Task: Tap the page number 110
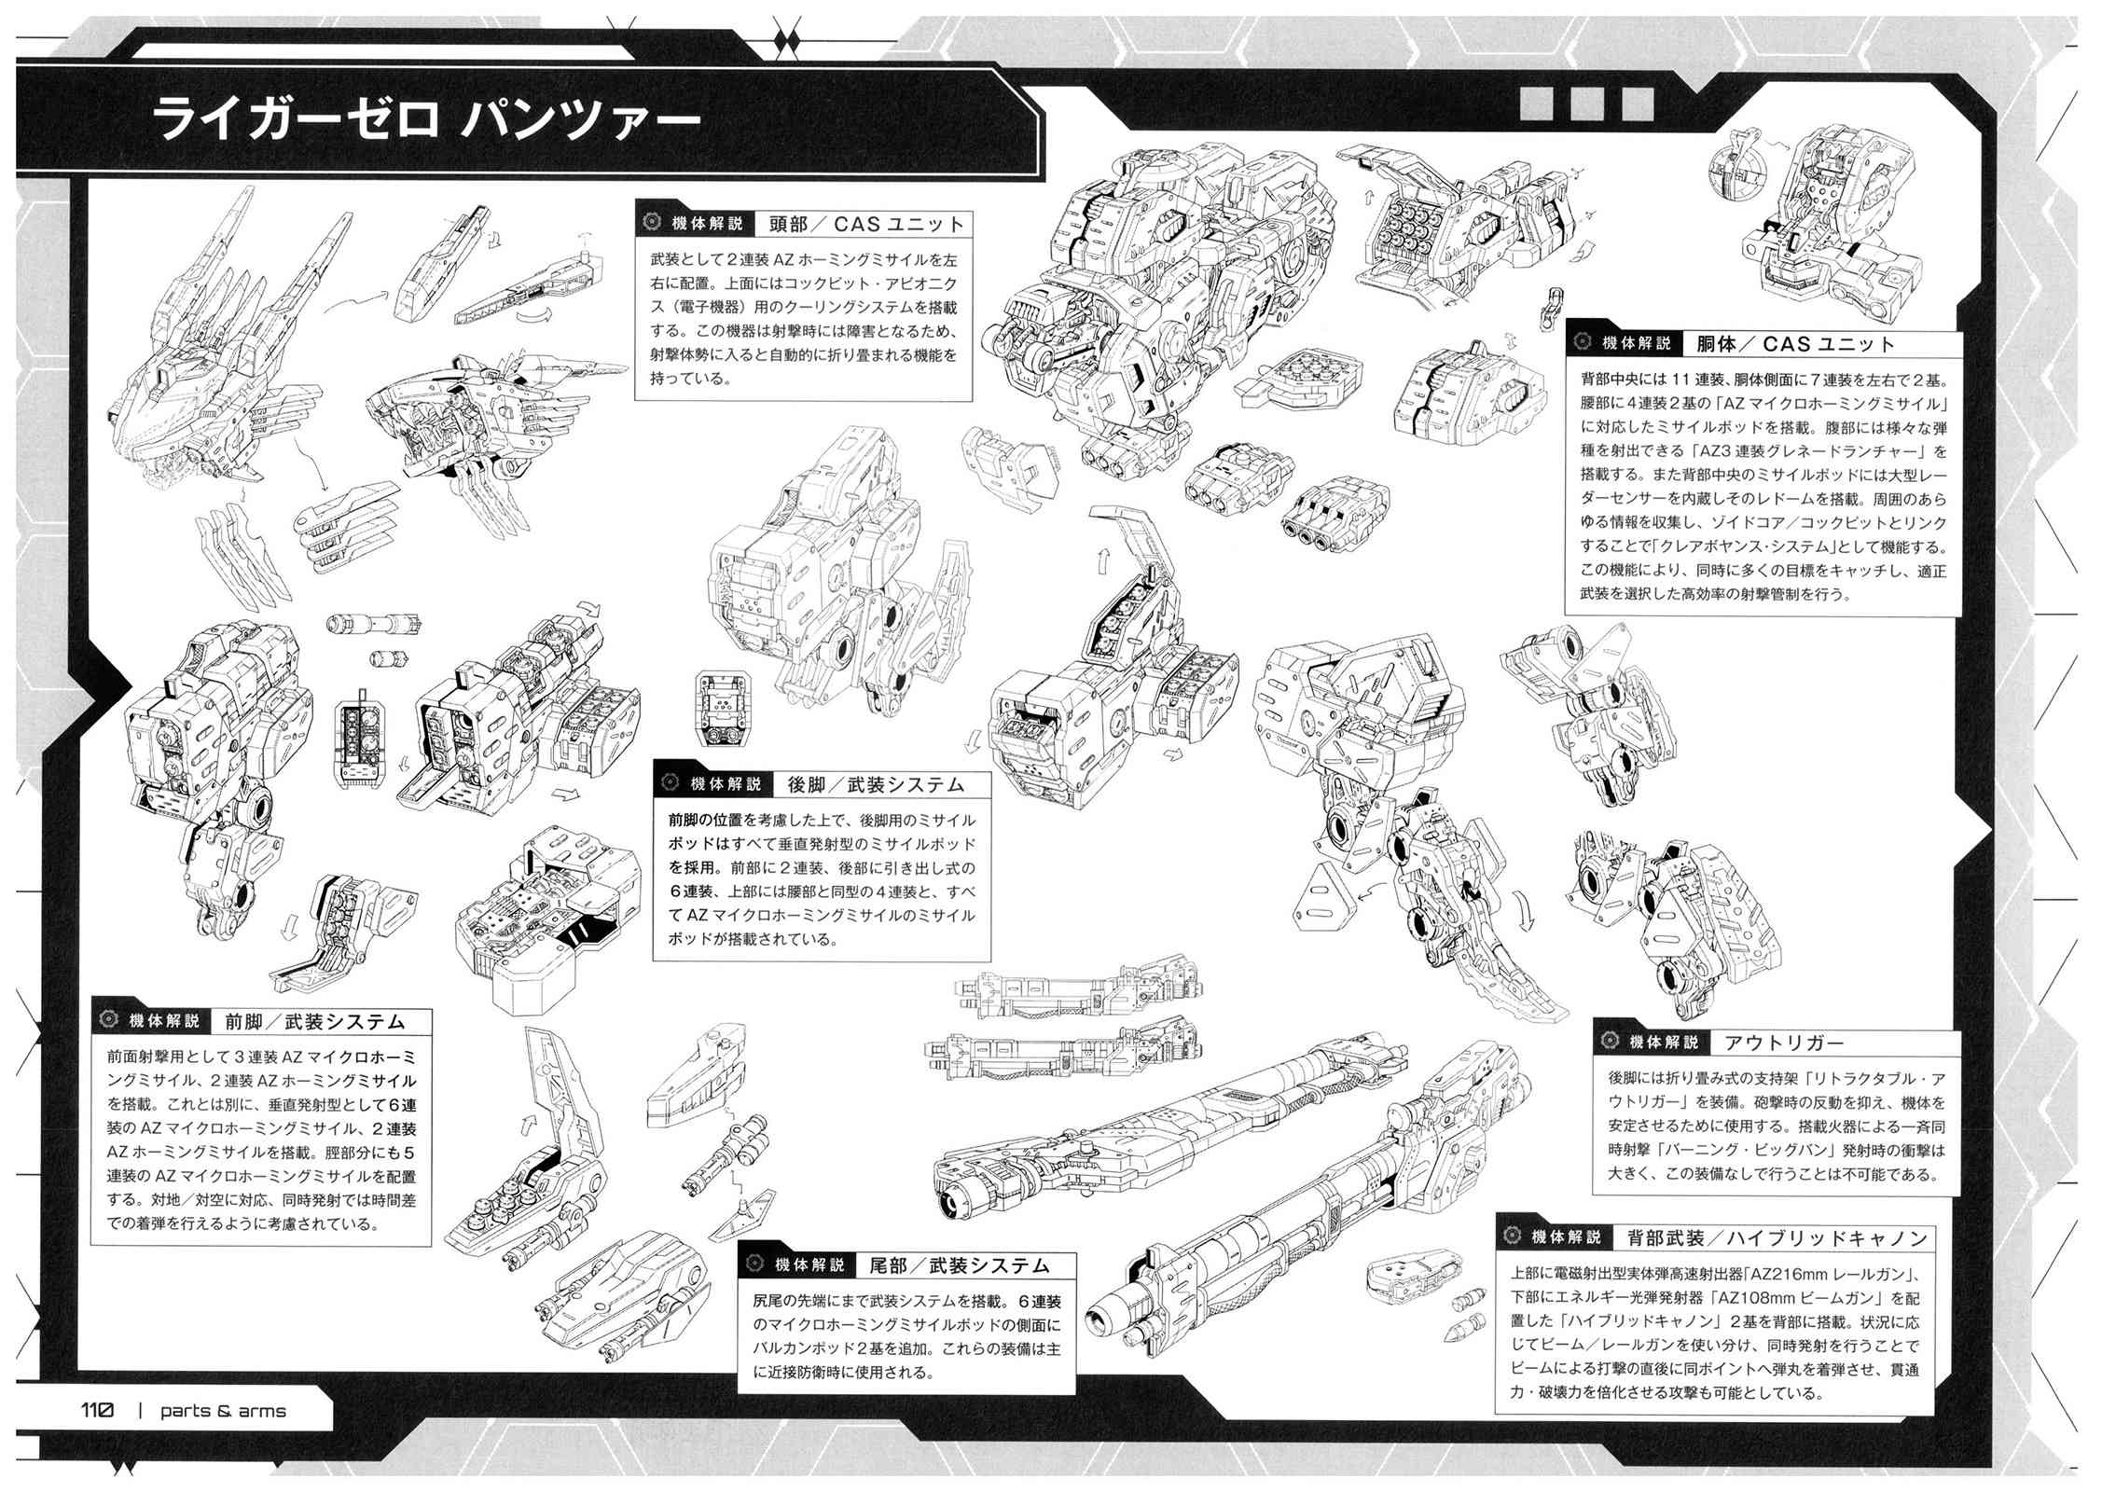[x=96, y=1410]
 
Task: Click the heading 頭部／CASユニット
[x=866, y=224]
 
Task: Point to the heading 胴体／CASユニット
[x=1796, y=343]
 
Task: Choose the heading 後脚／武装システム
[x=876, y=784]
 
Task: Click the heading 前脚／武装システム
[x=315, y=1021]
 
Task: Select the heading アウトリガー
[x=1784, y=1043]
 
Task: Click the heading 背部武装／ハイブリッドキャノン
[x=1777, y=1237]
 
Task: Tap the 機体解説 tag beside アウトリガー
[x=1664, y=1043]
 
